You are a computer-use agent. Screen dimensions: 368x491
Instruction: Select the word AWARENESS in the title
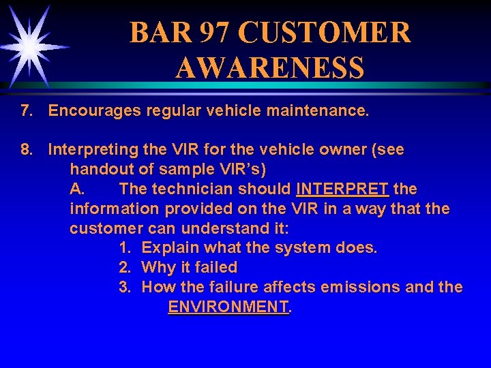(x=269, y=68)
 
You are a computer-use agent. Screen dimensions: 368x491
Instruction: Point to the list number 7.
(x=27, y=110)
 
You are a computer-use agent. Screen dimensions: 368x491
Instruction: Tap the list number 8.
(x=27, y=149)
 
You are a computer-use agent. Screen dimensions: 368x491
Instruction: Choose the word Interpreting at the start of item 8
(x=92, y=149)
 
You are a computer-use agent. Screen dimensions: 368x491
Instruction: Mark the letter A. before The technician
(x=77, y=189)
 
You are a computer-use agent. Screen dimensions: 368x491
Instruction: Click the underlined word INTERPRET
(x=343, y=189)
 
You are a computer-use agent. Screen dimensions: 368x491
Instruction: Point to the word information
(x=112, y=209)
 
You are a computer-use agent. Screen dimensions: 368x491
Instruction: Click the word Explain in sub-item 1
(x=170, y=248)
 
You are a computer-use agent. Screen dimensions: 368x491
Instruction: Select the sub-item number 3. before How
(x=125, y=288)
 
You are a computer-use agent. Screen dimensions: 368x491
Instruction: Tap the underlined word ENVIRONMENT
(x=228, y=307)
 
